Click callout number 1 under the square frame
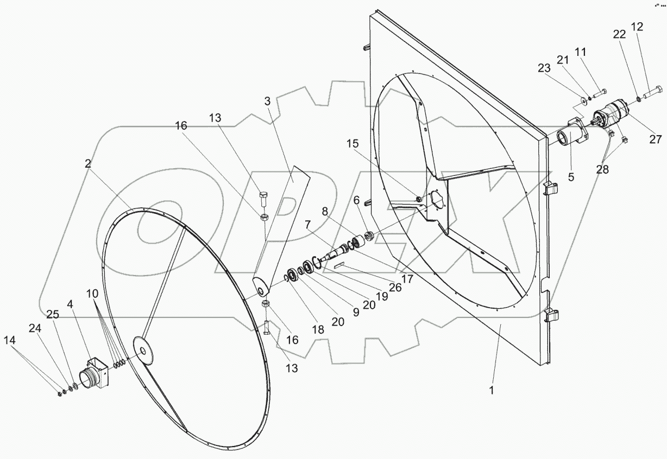(492, 390)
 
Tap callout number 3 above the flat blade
(267, 101)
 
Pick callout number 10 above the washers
(92, 294)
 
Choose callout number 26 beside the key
(395, 288)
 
